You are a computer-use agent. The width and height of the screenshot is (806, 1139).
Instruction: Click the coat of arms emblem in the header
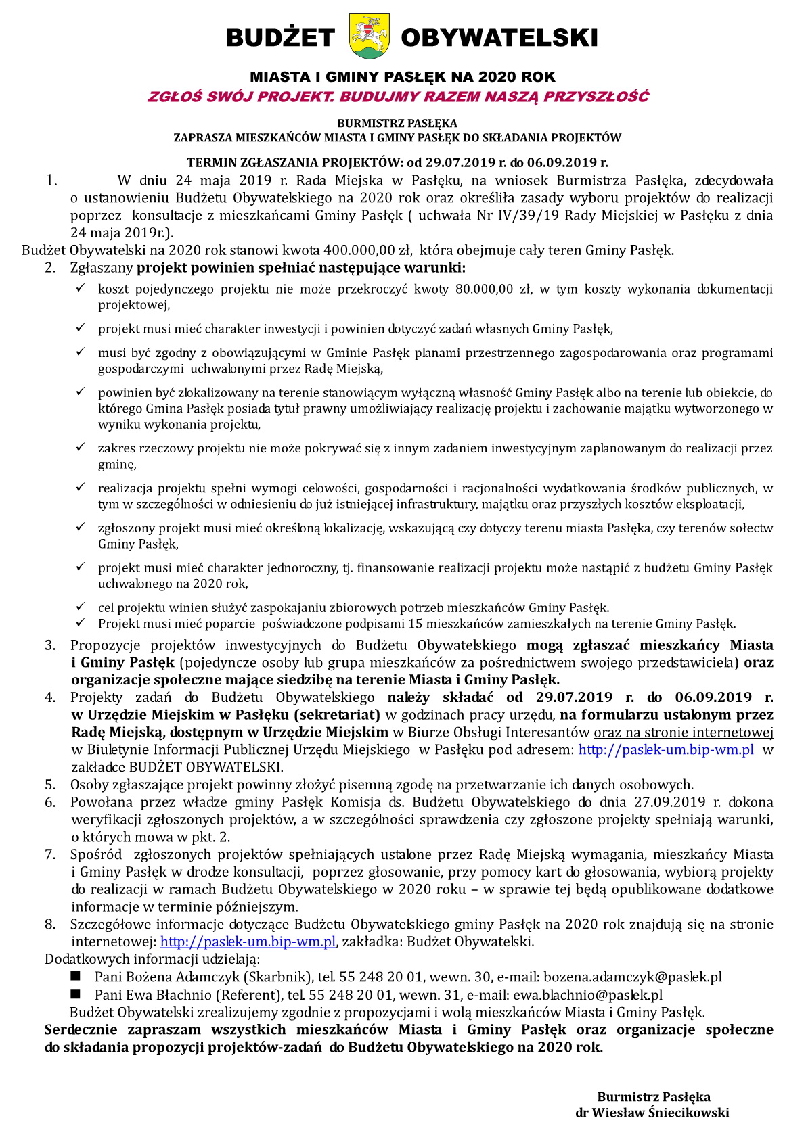(x=370, y=36)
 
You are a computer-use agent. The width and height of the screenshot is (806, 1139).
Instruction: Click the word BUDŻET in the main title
(x=280, y=38)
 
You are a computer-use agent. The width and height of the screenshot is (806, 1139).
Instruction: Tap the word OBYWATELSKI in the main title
(x=499, y=38)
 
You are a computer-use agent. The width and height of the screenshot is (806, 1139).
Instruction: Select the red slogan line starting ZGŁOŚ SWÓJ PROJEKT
(x=398, y=97)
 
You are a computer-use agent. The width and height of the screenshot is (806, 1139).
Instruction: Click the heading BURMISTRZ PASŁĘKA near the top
(x=397, y=123)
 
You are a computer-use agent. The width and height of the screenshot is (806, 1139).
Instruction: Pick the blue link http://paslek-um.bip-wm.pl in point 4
(x=666, y=749)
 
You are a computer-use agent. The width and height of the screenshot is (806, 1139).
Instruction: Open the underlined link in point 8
(x=248, y=942)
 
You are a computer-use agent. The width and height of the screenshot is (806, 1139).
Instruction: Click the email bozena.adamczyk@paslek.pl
(x=633, y=977)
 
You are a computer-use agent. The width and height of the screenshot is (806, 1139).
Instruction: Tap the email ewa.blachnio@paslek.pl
(x=587, y=994)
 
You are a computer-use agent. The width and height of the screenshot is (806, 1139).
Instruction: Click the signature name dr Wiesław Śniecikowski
(x=652, y=1113)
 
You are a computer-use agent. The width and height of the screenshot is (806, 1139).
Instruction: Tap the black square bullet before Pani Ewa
(x=76, y=994)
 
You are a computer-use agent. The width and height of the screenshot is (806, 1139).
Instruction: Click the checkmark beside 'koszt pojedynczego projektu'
(x=81, y=289)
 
